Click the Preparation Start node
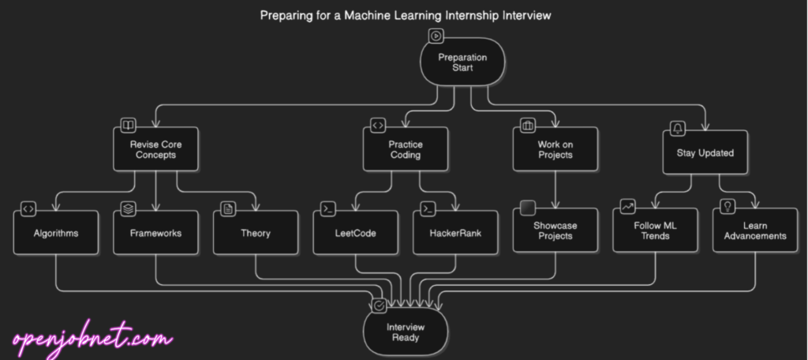(462, 62)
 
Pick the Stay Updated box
(705, 152)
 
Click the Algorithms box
(56, 233)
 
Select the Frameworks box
(156, 233)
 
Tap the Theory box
(256, 233)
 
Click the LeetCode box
(356, 233)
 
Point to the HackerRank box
(456, 233)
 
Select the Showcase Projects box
(555, 231)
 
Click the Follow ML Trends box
(655, 231)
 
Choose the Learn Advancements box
(755, 231)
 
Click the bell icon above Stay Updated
(678, 129)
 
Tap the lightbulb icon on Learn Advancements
(728, 206)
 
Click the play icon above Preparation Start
(436, 36)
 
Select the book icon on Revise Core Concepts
(127, 125)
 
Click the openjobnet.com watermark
(92, 340)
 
